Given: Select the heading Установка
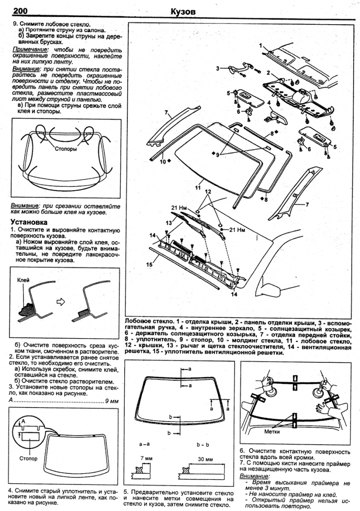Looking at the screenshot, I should point(29,222).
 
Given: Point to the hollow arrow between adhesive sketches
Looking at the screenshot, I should point(61,301).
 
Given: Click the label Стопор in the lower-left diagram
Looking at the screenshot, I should point(28,459).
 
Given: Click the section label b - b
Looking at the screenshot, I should point(203,444).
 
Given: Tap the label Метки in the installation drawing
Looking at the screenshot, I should point(271,431).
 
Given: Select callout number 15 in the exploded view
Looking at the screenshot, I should point(149,264).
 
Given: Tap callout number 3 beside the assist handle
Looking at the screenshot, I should point(217,68).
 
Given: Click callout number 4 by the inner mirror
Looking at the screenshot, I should point(269,103).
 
